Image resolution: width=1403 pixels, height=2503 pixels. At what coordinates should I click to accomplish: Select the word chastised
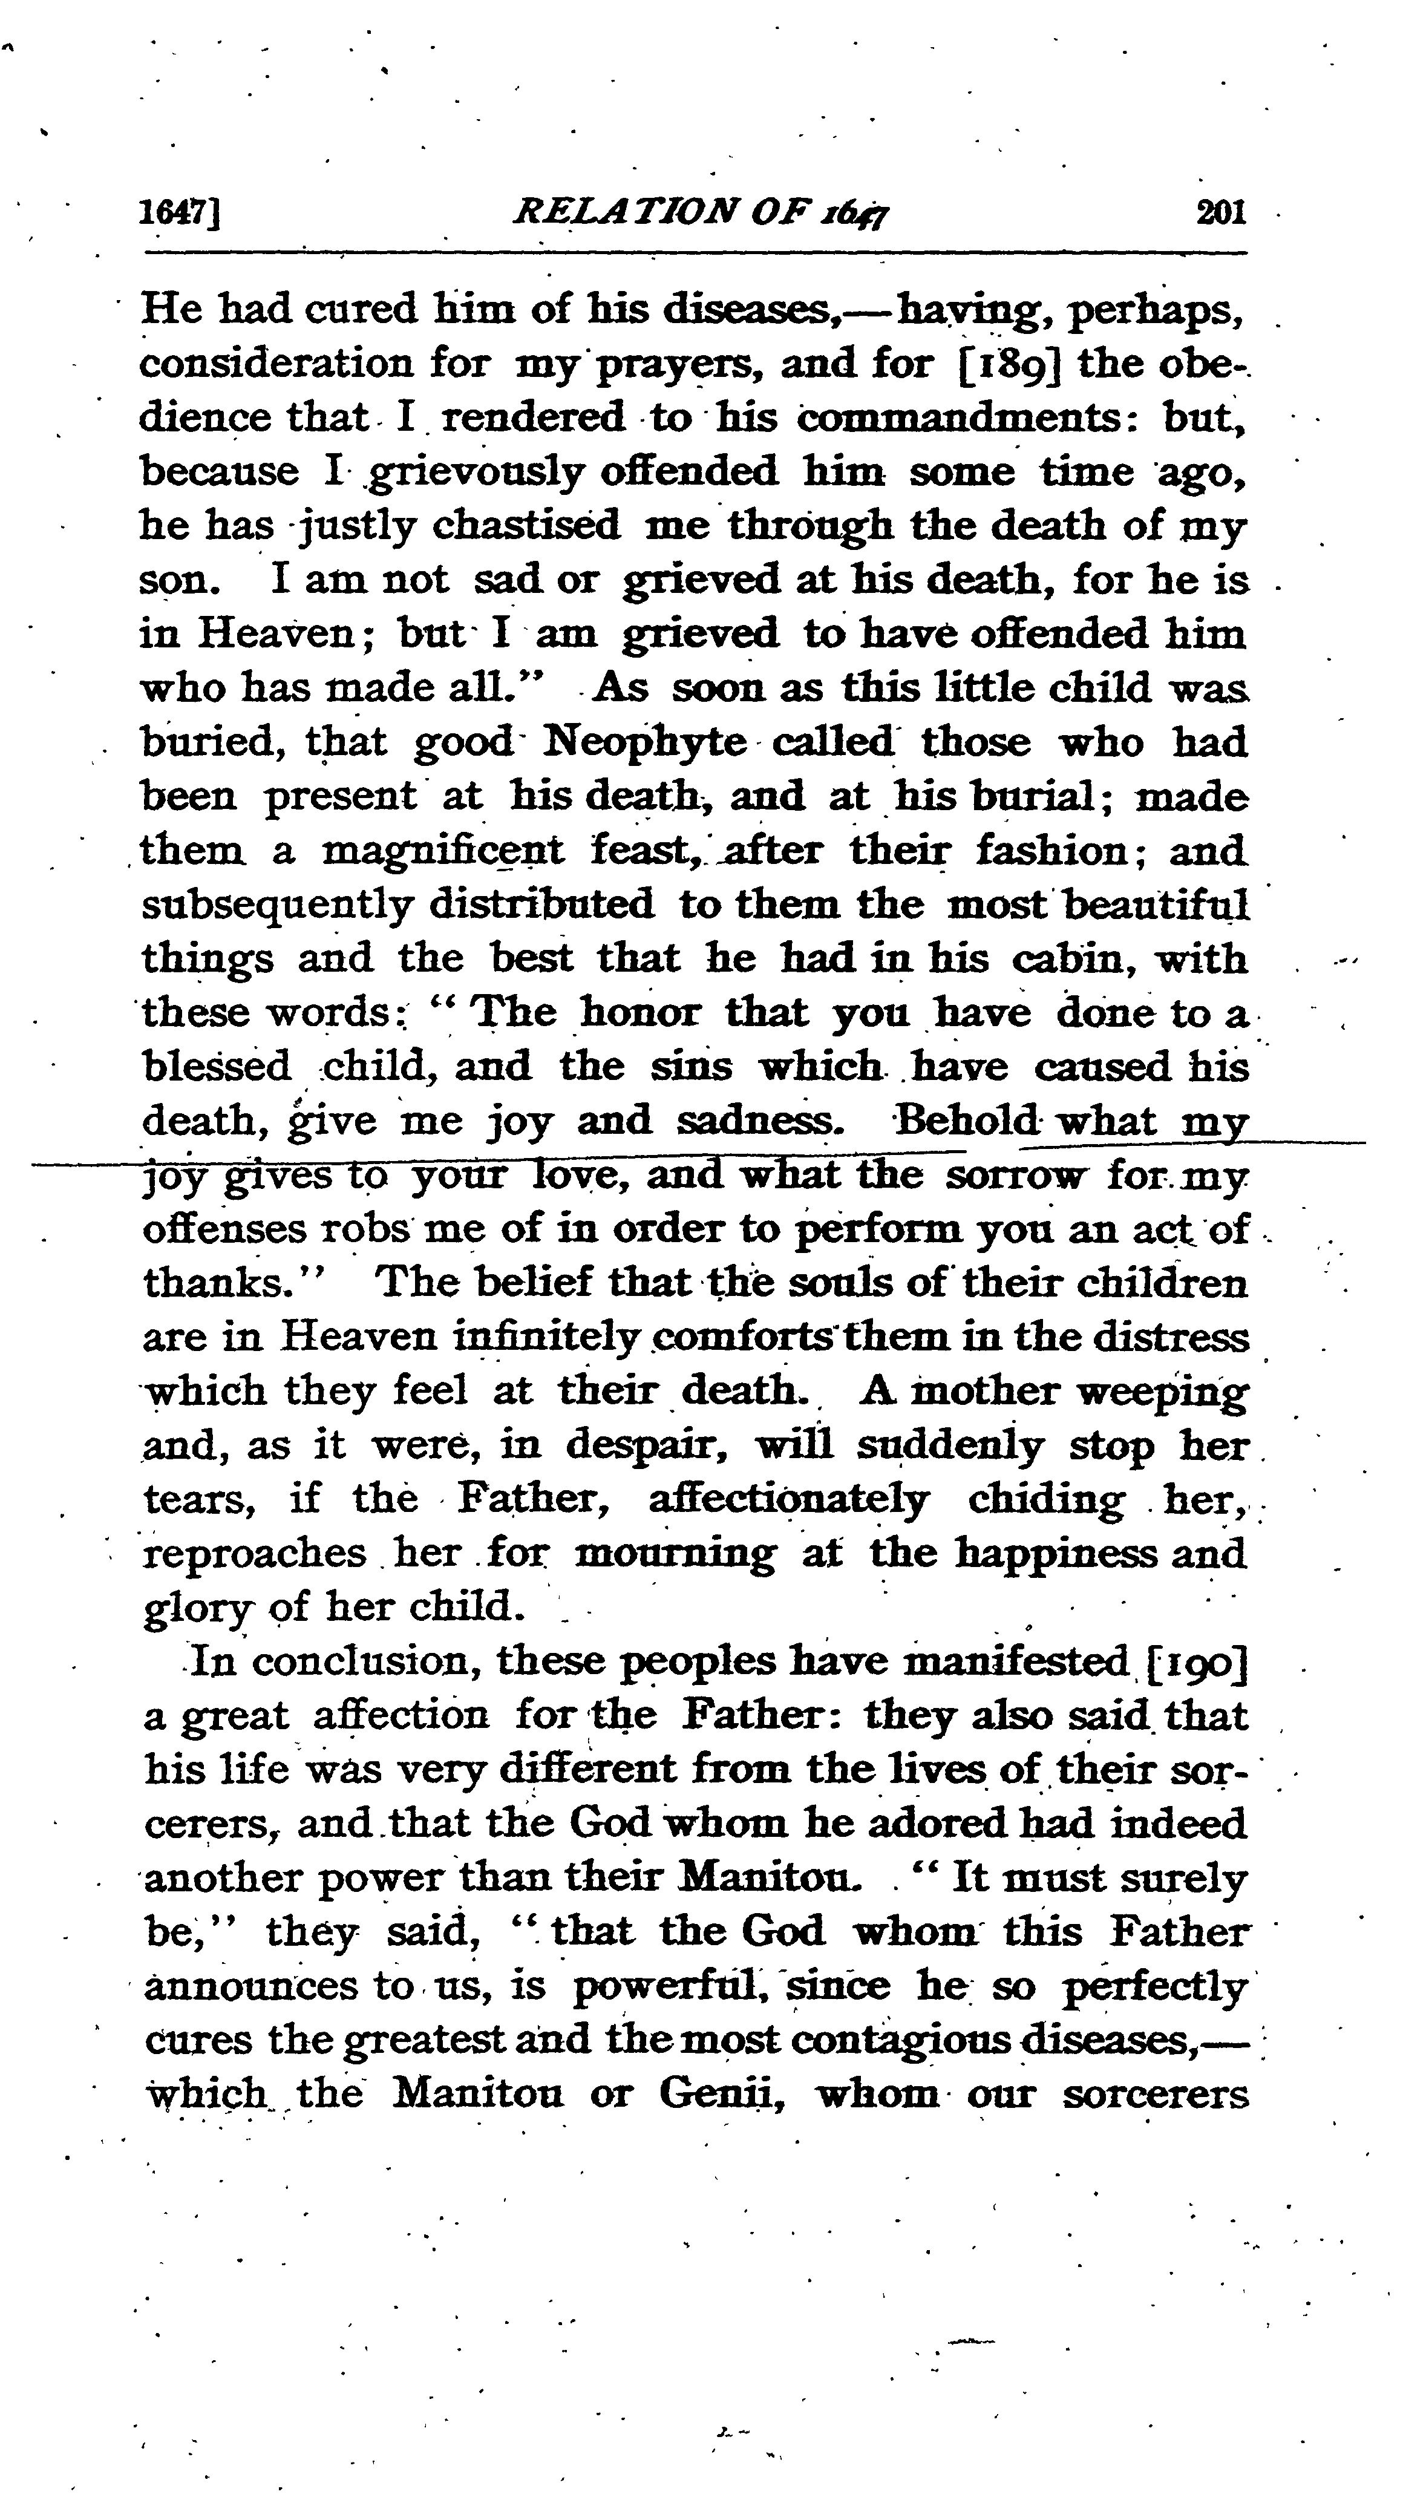(x=526, y=526)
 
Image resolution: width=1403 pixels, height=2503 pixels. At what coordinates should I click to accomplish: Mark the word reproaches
(x=255, y=1553)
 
